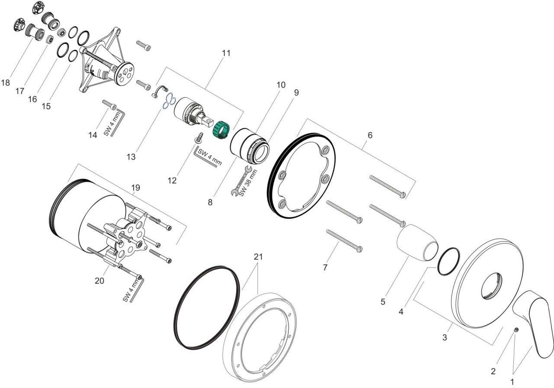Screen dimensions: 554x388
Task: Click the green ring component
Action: (x=222, y=130)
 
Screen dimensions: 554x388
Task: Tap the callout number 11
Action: (x=226, y=53)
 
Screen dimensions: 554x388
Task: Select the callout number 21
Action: (x=258, y=257)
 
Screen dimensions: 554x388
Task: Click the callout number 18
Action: (x=6, y=83)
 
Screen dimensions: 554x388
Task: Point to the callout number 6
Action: (x=370, y=135)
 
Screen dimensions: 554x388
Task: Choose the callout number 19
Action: (x=135, y=188)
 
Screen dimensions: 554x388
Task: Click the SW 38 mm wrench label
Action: (x=248, y=183)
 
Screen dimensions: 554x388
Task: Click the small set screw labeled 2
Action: (x=516, y=330)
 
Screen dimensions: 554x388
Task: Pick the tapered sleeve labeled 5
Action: (x=418, y=242)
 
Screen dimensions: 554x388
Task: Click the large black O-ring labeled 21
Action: (x=206, y=307)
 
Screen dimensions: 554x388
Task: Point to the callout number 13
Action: (x=131, y=157)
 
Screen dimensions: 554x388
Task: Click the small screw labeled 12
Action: (x=199, y=138)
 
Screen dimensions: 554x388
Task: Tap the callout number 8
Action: (x=210, y=202)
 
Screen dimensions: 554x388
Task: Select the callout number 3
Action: (x=444, y=337)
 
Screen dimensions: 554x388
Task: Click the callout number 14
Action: (x=93, y=135)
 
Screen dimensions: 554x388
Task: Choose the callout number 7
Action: (x=325, y=267)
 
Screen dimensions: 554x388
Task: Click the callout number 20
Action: (x=100, y=281)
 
